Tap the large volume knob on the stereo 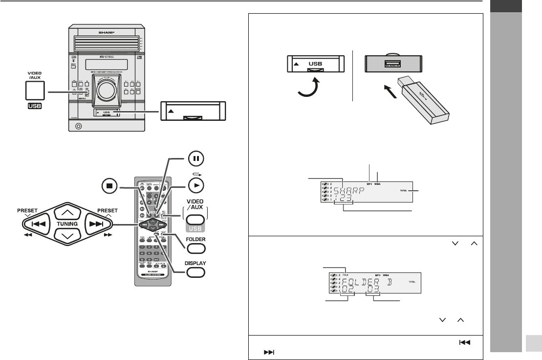pos(106,89)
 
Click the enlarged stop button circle pos(110,186)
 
